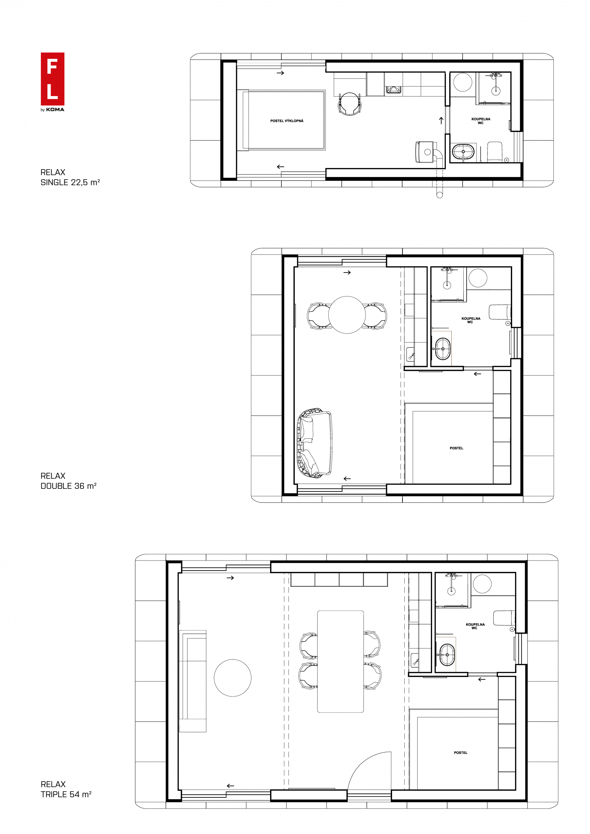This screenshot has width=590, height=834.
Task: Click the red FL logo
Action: pos(52,79)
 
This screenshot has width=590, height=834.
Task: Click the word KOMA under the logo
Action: pos(55,110)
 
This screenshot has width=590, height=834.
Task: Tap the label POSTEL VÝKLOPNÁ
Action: pos(286,121)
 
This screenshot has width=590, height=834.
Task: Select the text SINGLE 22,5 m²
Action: pos(70,182)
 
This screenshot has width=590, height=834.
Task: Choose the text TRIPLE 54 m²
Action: pos(66,794)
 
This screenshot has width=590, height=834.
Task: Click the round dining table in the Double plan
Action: pos(347,314)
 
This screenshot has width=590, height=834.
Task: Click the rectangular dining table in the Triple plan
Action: pos(340,661)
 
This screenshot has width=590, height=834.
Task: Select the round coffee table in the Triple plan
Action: pos(233,678)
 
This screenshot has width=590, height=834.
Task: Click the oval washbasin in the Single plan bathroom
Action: pos(463,152)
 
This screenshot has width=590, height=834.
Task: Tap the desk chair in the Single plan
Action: pos(350,104)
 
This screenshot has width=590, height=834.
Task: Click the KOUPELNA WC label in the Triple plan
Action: pos(475,626)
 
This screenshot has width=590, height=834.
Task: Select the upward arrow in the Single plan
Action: pos(441,121)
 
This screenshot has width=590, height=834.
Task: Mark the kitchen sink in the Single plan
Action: pos(393,90)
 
